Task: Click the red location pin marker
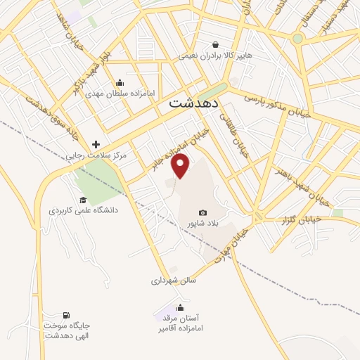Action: [181, 165]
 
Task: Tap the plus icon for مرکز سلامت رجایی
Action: [96, 143]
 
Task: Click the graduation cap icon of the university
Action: [83, 200]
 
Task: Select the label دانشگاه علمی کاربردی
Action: [83, 210]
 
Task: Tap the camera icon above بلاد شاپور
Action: [203, 212]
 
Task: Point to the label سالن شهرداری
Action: [173, 280]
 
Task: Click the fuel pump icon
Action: [66, 315]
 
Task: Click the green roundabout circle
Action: [297, 38]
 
